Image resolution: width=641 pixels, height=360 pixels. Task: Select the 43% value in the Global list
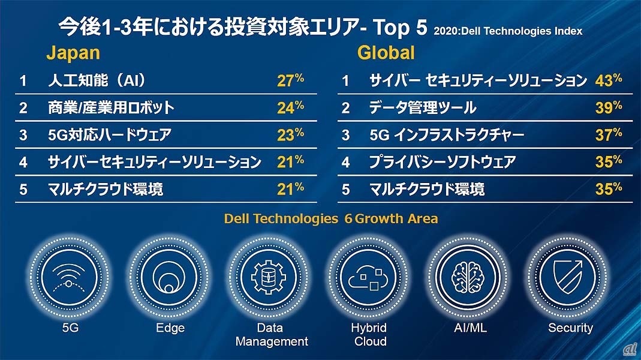pos(608,80)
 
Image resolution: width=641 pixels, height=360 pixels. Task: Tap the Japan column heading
pos(73,53)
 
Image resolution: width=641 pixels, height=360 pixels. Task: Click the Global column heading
pos(386,53)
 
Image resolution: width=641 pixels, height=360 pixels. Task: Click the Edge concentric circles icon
pos(170,276)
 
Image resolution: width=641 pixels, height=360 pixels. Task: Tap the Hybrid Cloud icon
pos(369,276)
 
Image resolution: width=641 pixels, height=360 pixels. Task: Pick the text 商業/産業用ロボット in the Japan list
pos(111,107)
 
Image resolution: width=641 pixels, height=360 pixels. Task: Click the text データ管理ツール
pos(423,107)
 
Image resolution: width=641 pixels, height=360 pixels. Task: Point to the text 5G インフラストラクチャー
pos(447,135)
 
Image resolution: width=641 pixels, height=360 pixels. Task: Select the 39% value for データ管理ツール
pos(608,107)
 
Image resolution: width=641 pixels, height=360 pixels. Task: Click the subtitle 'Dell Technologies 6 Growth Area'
pos(331,219)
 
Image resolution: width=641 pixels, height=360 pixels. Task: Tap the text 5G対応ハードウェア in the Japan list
pos(109,135)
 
